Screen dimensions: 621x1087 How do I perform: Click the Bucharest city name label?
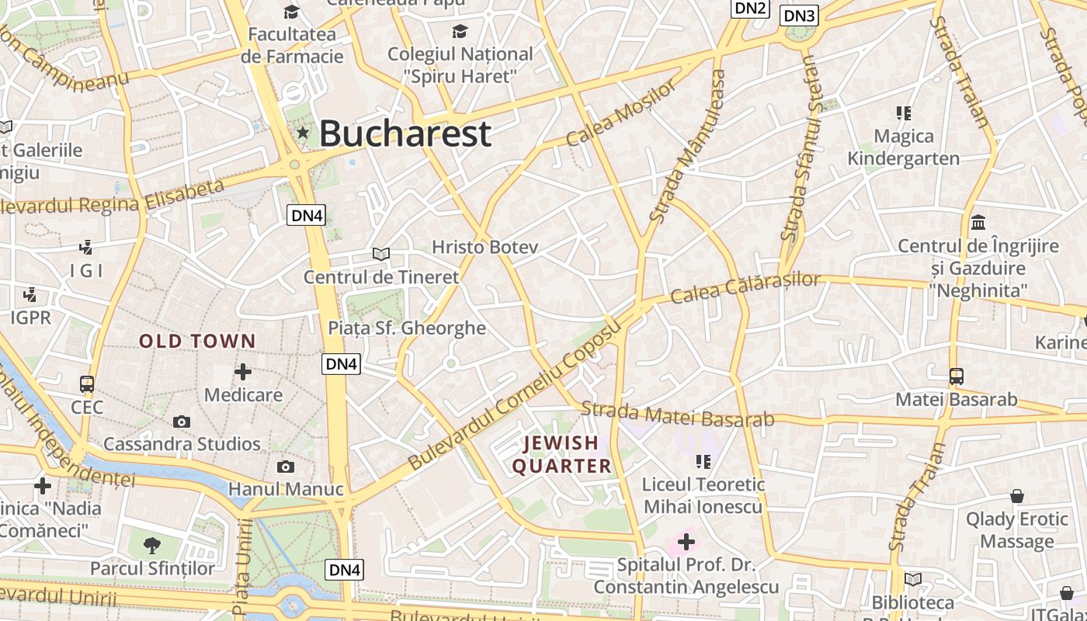pyautogui.click(x=405, y=134)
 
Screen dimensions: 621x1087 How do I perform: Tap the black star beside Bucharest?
pyautogui.click(x=303, y=134)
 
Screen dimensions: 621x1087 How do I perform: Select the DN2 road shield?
pyautogui.click(x=750, y=9)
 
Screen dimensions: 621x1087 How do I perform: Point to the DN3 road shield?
pyautogui.click(x=799, y=16)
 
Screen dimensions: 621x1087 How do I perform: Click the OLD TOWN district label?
pyautogui.click(x=197, y=341)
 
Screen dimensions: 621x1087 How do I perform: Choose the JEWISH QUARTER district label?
pyautogui.click(x=561, y=454)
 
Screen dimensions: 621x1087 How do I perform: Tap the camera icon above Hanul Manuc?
pyautogui.click(x=286, y=467)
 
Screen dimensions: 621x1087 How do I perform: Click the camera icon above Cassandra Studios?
pyautogui.click(x=182, y=422)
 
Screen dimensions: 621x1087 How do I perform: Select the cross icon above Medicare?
pyautogui.click(x=243, y=372)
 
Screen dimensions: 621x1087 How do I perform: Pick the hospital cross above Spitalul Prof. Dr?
pyautogui.click(x=686, y=542)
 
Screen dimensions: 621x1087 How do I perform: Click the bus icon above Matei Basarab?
pyautogui.click(x=957, y=376)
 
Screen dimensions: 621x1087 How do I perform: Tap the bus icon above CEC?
pyautogui.click(x=87, y=384)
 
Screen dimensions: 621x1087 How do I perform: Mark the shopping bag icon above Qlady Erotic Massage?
pyautogui.click(x=1016, y=496)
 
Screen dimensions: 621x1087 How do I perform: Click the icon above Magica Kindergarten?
pyautogui.click(x=903, y=113)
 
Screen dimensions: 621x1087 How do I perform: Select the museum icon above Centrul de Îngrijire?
pyautogui.click(x=978, y=223)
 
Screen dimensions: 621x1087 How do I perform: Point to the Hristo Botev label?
pyautogui.click(x=484, y=247)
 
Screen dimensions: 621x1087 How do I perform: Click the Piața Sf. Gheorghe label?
pyautogui.click(x=407, y=328)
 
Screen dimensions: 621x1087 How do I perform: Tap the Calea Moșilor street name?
pyautogui.click(x=621, y=113)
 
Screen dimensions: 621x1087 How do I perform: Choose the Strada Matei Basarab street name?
pyautogui.click(x=678, y=414)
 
